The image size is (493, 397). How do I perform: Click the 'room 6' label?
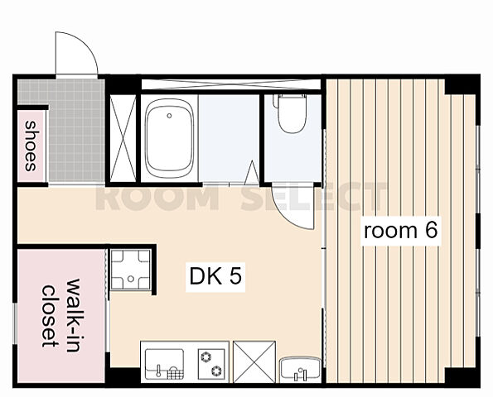pos(400,231)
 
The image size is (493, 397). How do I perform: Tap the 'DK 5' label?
pos(215,276)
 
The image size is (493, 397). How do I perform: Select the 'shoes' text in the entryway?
pos(30,146)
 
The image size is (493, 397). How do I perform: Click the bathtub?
pos(169,138)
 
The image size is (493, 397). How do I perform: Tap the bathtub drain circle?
pos(169,116)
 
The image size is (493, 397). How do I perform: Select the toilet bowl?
pos(292,113)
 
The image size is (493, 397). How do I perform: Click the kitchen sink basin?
pos(164,364)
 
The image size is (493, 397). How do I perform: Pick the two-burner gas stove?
pos(211,364)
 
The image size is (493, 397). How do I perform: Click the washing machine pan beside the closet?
pos(131,269)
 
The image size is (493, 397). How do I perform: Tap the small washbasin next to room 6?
pos(300,369)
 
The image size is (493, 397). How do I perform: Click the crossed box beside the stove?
pos(254,362)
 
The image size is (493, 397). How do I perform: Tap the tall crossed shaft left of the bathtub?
pos(123,138)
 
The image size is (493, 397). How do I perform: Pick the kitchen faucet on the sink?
pos(158,371)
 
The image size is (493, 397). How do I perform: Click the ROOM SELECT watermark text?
pos(241,197)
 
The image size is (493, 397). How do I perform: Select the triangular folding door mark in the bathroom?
pos(252,172)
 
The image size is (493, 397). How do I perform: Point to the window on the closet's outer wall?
pos(14,323)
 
